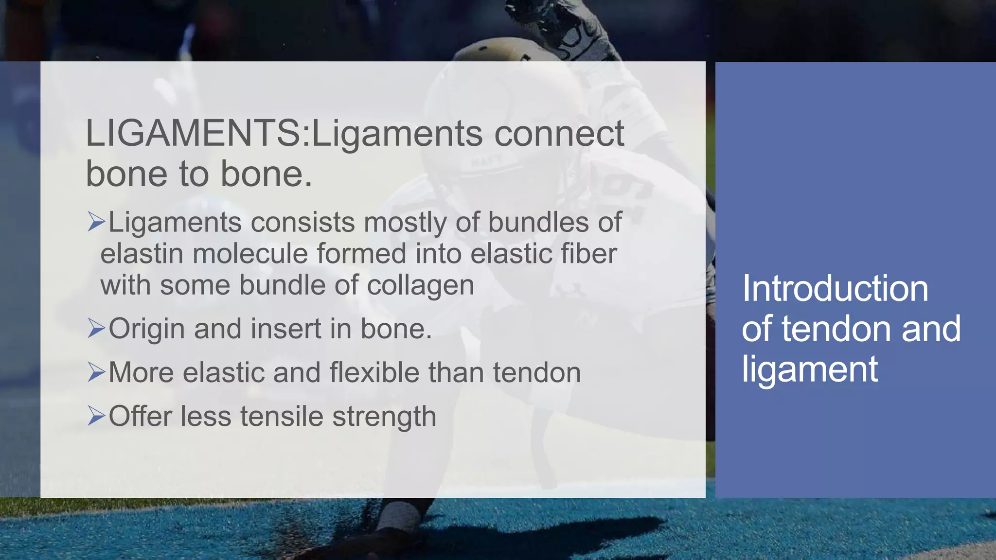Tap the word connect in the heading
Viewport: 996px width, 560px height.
tap(559, 133)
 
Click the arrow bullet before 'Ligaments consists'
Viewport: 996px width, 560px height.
tap(96, 222)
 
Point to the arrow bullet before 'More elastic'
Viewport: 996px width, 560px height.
tap(96, 372)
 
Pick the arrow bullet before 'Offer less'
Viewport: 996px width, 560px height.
tap(96, 416)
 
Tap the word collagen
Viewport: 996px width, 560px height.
tap(420, 286)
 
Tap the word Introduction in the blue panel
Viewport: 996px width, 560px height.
tap(835, 288)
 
